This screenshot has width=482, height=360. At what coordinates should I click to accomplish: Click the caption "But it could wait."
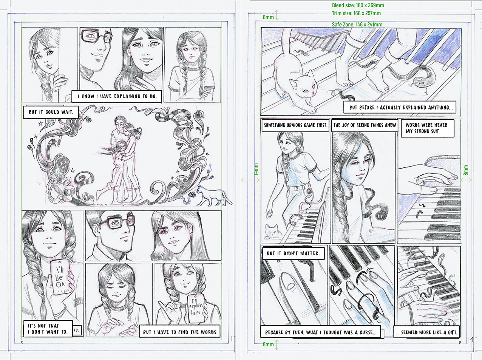pos(51,112)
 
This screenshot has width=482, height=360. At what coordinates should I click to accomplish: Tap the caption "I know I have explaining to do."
pos(117,96)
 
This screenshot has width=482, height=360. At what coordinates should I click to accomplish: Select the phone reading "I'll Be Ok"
pos(60,277)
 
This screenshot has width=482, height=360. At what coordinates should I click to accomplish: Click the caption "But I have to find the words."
pos(180,332)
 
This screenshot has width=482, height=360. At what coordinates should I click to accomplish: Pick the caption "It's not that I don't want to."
pos(48,329)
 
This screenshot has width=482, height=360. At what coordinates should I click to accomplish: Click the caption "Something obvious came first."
pos(295,125)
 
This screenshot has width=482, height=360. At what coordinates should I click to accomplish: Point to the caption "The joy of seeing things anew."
pos(365,125)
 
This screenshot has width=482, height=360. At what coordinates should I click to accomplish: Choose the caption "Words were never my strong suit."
pos(427,128)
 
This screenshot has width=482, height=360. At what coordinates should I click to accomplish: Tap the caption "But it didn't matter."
pos(293,253)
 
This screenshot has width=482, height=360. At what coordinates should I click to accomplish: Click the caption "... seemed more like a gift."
pos(427,332)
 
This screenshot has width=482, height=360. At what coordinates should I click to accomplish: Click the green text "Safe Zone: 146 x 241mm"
pos(357,25)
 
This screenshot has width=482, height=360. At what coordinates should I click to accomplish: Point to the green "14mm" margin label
pos(256,169)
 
